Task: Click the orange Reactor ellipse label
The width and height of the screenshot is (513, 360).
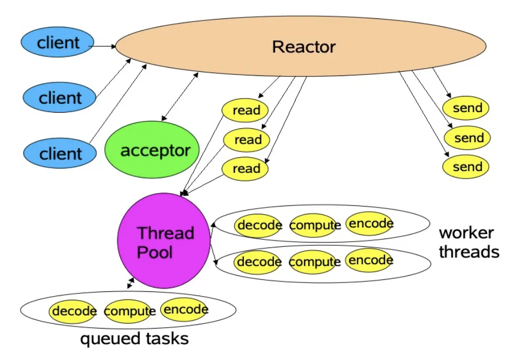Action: click(x=304, y=47)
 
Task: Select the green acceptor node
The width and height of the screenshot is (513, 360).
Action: click(x=152, y=149)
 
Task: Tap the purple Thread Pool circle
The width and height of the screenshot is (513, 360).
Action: click(x=163, y=241)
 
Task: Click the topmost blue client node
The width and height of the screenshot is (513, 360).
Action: click(x=58, y=42)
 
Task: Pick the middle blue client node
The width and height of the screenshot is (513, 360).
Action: click(x=59, y=97)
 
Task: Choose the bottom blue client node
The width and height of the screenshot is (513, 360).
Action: click(x=60, y=153)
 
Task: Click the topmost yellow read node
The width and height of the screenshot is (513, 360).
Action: click(x=245, y=110)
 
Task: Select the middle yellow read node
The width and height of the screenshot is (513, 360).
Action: click(x=247, y=140)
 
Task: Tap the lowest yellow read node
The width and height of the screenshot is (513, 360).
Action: click(x=245, y=169)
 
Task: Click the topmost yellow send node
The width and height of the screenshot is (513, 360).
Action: click(x=465, y=108)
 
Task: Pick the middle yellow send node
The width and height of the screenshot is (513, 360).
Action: click(x=467, y=138)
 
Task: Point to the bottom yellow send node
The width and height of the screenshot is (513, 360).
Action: click(x=465, y=167)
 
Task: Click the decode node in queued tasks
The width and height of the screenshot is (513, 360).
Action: click(x=73, y=311)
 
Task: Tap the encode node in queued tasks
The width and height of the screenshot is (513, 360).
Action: click(x=184, y=309)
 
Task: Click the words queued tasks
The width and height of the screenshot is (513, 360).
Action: click(x=135, y=339)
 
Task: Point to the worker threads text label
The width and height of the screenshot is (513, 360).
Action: click(x=469, y=242)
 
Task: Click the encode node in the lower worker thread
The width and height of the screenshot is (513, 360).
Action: click(x=369, y=260)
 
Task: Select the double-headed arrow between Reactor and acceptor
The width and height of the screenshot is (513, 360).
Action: click(x=180, y=96)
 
